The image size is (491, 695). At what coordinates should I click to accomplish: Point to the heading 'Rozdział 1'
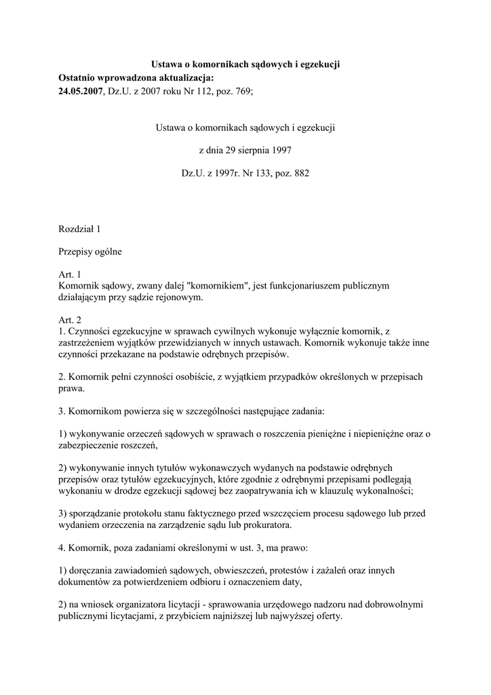pos(80,229)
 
